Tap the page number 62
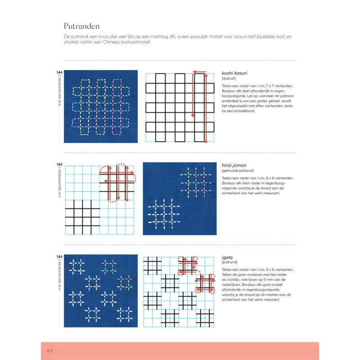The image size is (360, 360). (x=50, y=351)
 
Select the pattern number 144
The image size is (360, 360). (x=59, y=72)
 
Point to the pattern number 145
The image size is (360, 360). (x=59, y=165)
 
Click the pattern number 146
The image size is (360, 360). (x=59, y=257)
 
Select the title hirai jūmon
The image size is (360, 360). (x=234, y=166)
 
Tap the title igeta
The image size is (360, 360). (x=228, y=257)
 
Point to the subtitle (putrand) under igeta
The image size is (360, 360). (x=230, y=263)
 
